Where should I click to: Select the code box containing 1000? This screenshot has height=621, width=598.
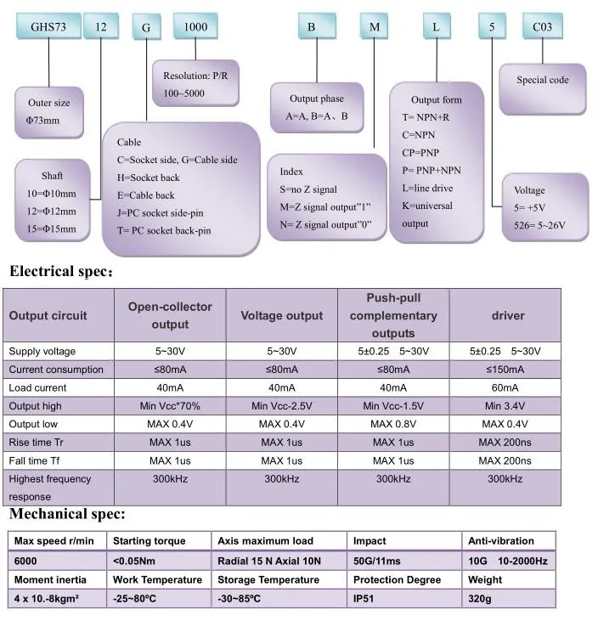[x=195, y=26]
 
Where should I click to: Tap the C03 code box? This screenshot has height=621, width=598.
[x=541, y=26]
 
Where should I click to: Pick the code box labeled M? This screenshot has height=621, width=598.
[x=375, y=26]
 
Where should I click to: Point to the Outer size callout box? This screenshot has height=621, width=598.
[x=49, y=111]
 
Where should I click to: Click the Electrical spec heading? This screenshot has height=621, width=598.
[x=59, y=273]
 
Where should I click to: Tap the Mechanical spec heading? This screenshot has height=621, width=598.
[x=67, y=514]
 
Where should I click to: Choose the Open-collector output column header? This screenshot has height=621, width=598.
[x=170, y=315]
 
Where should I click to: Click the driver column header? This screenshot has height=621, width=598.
[x=507, y=315]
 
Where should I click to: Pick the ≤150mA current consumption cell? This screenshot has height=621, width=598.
[x=507, y=370]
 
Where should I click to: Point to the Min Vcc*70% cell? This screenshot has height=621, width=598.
[x=170, y=406]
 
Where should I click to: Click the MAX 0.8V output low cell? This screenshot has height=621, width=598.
[x=393, y=424]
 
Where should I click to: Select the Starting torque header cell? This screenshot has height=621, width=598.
[x=149, y=541]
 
